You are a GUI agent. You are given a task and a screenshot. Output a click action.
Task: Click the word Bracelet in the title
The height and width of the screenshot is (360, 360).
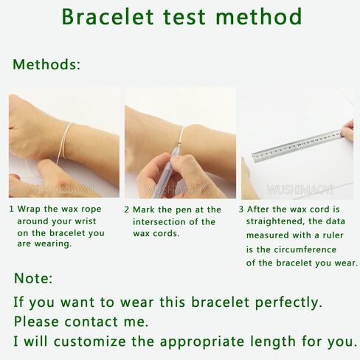[108, 17]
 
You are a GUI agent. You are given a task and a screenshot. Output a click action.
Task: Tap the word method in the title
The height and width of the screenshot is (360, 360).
[258, 17]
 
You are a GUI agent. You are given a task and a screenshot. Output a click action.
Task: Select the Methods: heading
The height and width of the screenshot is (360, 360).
[46, 64]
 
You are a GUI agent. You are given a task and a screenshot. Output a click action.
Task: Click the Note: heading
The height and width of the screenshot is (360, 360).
[33, 278]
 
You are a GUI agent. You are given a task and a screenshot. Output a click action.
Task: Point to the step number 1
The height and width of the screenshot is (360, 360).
[11, 209]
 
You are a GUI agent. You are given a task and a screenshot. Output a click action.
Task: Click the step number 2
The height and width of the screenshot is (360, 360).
[126, 210]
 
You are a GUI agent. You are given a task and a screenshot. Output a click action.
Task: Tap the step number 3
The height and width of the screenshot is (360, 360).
[241, 210]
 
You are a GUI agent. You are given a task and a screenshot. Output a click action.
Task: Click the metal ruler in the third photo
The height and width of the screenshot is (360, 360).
[297, 146]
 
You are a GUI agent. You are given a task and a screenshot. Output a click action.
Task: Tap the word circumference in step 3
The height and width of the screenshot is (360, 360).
[305, 249]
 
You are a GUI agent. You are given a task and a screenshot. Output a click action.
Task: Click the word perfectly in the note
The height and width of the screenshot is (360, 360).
[288, 302]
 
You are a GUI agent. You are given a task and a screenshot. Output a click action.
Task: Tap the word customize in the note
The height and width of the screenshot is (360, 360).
[90, 342]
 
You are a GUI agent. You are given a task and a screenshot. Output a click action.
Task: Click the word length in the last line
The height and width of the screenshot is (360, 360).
[273, 342]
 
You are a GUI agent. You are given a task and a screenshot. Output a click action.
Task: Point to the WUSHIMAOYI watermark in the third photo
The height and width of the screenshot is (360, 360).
[300, 190]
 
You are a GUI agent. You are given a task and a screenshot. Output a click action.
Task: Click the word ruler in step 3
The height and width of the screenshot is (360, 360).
[333, 235]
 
